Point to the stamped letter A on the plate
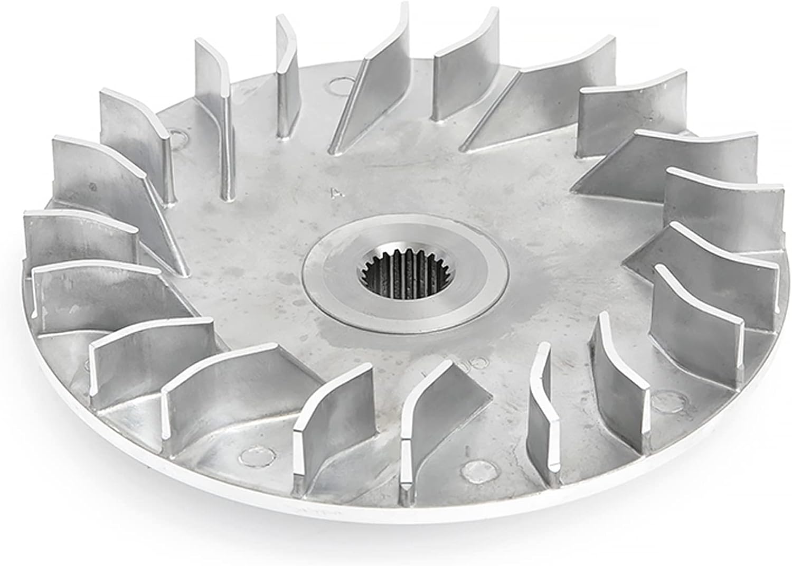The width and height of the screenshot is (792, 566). point(334,192)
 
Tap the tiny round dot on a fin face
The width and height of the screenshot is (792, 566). point(93,187)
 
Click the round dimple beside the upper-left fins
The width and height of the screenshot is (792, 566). point(180,138)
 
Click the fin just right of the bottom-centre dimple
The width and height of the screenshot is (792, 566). point(546,412)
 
